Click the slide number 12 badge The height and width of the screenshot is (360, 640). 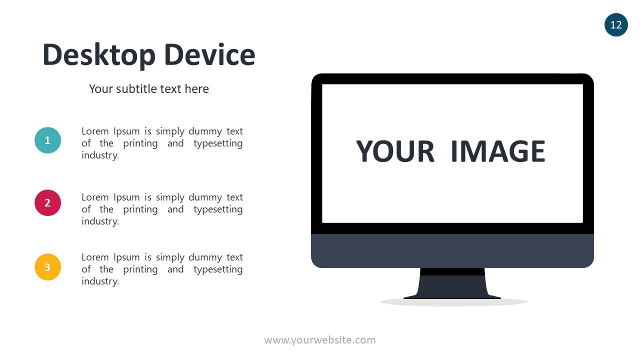(x=616, y=25)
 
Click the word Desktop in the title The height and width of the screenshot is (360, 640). (x=99, y=55)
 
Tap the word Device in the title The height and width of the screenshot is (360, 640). (x=209, y=54)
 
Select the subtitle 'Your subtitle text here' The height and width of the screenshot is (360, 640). (x=149, y=89)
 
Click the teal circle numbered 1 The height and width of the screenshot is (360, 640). (x=47, y=140)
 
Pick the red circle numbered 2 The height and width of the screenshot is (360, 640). (x=47, y=203)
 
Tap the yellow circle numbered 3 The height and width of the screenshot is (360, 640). (x=47, y=267)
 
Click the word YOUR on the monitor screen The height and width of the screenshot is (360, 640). (x=395, y=151)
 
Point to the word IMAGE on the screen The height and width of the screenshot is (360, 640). (x=498, y=151)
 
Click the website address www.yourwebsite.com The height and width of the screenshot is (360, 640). (x=320, y=340)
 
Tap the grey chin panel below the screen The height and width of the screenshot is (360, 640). (x=452, y=251)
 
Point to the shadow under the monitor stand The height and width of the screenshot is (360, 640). (x=453, y=302)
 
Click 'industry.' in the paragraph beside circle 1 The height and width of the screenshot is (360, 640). (x=100, y=155)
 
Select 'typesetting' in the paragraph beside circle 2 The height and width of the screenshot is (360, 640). (x=218, y=209)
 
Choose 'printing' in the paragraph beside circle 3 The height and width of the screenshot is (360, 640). (x=140, y=269)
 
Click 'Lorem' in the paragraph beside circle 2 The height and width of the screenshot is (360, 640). (x=95, y=197)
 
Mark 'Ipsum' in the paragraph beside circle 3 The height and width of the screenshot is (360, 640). (x=126, y=257)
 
